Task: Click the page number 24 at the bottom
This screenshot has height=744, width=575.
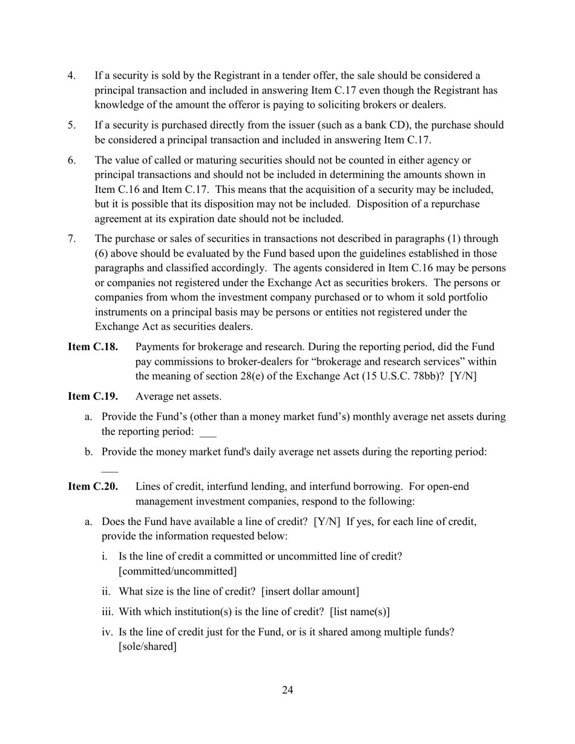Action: pyautogui.click(x=287, y=690)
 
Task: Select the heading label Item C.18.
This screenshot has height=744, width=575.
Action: pyautogui.click(x=93, y=347)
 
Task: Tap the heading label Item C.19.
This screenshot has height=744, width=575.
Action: pyautogui.click(x=93, y=397)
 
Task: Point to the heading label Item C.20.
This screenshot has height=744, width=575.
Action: pyautogui.click(x=93, y=487)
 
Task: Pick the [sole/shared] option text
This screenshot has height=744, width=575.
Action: pyautogui.click(x=148, y=647)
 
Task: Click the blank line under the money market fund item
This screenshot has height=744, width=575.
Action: pyautogui.click(x=110, y=470)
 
